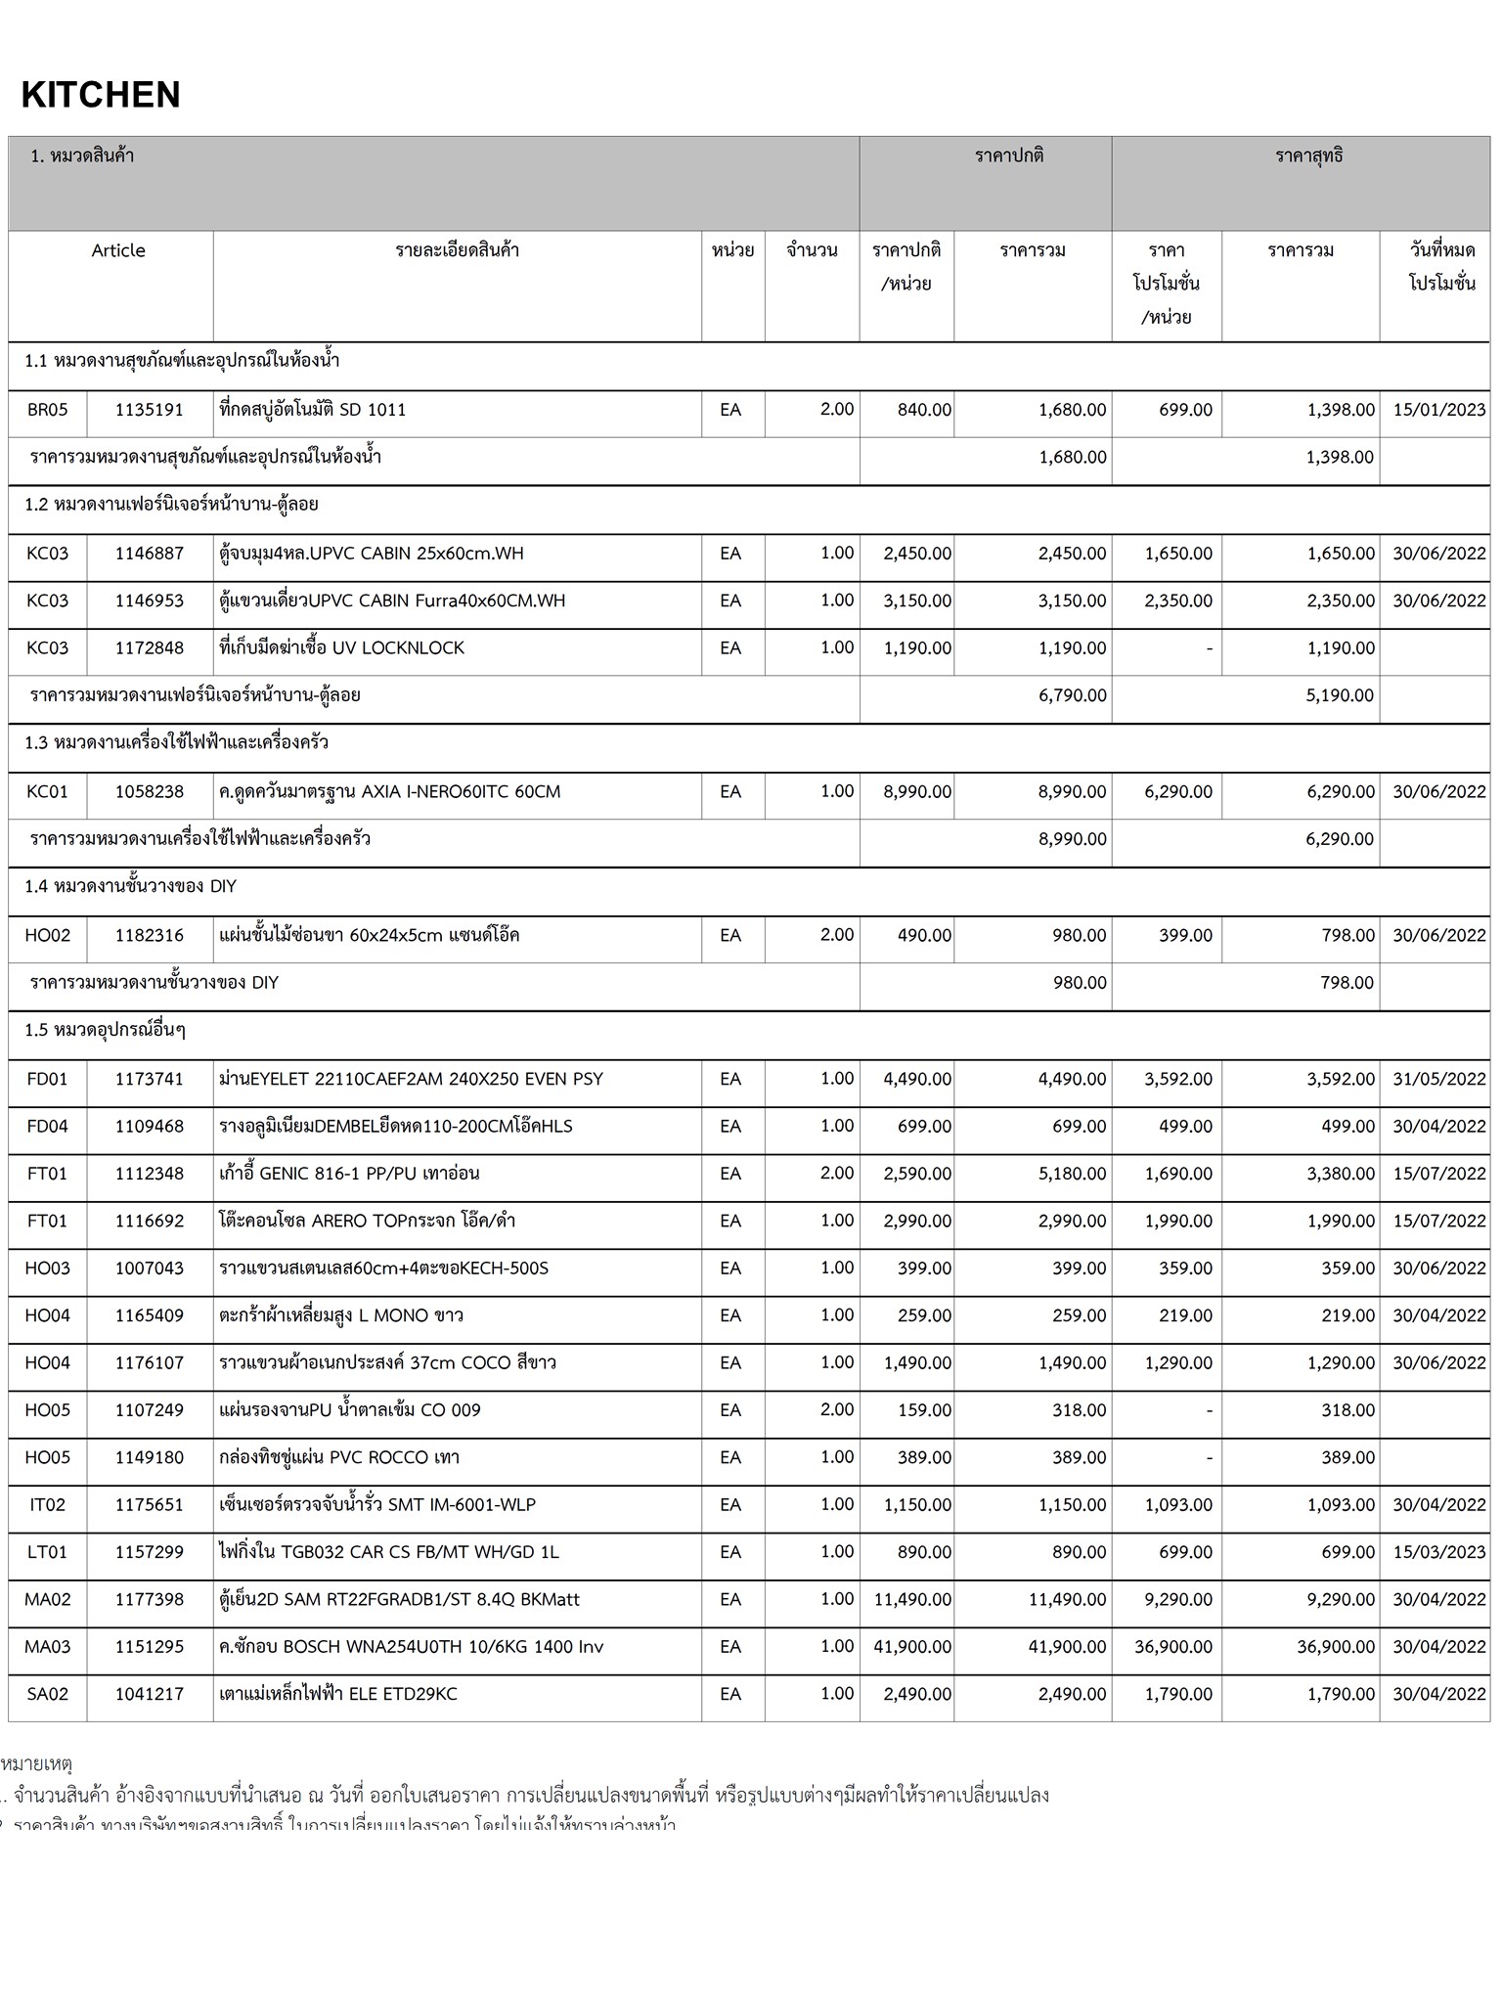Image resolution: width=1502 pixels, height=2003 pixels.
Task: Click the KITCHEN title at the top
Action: point(101,95)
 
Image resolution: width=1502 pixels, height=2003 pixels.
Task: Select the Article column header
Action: point(118,250)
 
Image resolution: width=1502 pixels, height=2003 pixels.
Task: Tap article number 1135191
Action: point(149,410)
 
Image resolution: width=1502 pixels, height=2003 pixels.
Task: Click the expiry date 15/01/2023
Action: point(1438,410)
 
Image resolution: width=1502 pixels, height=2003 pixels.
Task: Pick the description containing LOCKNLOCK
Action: point(342,648)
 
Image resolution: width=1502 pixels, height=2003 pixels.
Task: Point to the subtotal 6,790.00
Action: point(1073,696)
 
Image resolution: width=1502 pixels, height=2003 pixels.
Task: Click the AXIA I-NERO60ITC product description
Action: point(390,792)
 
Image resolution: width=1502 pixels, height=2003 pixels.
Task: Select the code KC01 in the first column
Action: point(48,792)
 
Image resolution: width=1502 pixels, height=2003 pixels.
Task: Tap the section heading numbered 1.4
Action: point(131,887)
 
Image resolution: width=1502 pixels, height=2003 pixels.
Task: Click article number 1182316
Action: point(149,936)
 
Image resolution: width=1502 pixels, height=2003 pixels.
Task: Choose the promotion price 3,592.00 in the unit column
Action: point(1178,1080)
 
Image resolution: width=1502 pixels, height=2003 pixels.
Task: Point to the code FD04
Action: point(48,1127)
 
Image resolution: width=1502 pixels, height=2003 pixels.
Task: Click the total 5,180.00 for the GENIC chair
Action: point(1073,1174)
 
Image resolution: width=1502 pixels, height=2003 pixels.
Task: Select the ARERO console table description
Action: point(368,1222)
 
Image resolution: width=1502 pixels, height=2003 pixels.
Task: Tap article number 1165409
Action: point(149,1316)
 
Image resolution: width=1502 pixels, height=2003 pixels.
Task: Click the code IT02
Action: point(48,1505)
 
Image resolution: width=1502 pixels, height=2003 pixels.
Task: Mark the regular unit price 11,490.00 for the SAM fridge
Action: point(912,1600)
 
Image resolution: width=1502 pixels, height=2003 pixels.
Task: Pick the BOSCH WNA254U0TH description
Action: point(412,1647)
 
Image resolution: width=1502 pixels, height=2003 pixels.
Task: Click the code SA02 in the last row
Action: point(48,1695)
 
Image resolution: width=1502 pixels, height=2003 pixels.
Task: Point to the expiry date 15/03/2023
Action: point(1438,1553)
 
